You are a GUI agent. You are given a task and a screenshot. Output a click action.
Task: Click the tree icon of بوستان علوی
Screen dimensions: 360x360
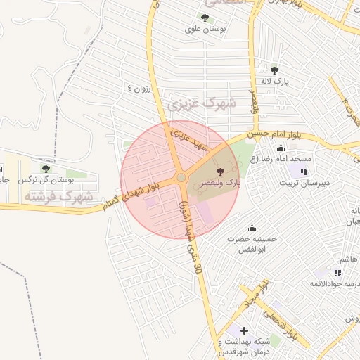point(205,18)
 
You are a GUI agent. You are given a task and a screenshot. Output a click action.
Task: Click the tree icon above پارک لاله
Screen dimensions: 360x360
point(274,70)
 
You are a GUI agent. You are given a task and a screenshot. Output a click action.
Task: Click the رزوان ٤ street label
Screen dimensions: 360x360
point(139,88)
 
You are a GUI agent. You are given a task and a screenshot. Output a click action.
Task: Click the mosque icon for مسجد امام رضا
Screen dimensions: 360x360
point(281,148)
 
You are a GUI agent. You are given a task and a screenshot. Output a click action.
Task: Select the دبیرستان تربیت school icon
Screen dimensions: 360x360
point(304,172)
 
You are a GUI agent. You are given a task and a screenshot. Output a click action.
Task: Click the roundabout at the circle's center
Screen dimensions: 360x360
point(181,178)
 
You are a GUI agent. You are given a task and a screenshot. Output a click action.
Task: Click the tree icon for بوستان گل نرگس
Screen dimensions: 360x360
point(46,169)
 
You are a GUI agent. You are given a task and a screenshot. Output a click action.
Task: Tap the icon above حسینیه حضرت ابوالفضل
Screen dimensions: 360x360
point(252,228)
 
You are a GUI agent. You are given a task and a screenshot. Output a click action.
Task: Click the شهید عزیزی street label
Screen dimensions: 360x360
point(191,138)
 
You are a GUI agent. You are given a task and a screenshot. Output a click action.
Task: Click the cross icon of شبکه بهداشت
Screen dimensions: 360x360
point(243,330)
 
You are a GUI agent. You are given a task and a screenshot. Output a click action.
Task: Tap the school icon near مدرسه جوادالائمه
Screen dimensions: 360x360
point(337,273)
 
